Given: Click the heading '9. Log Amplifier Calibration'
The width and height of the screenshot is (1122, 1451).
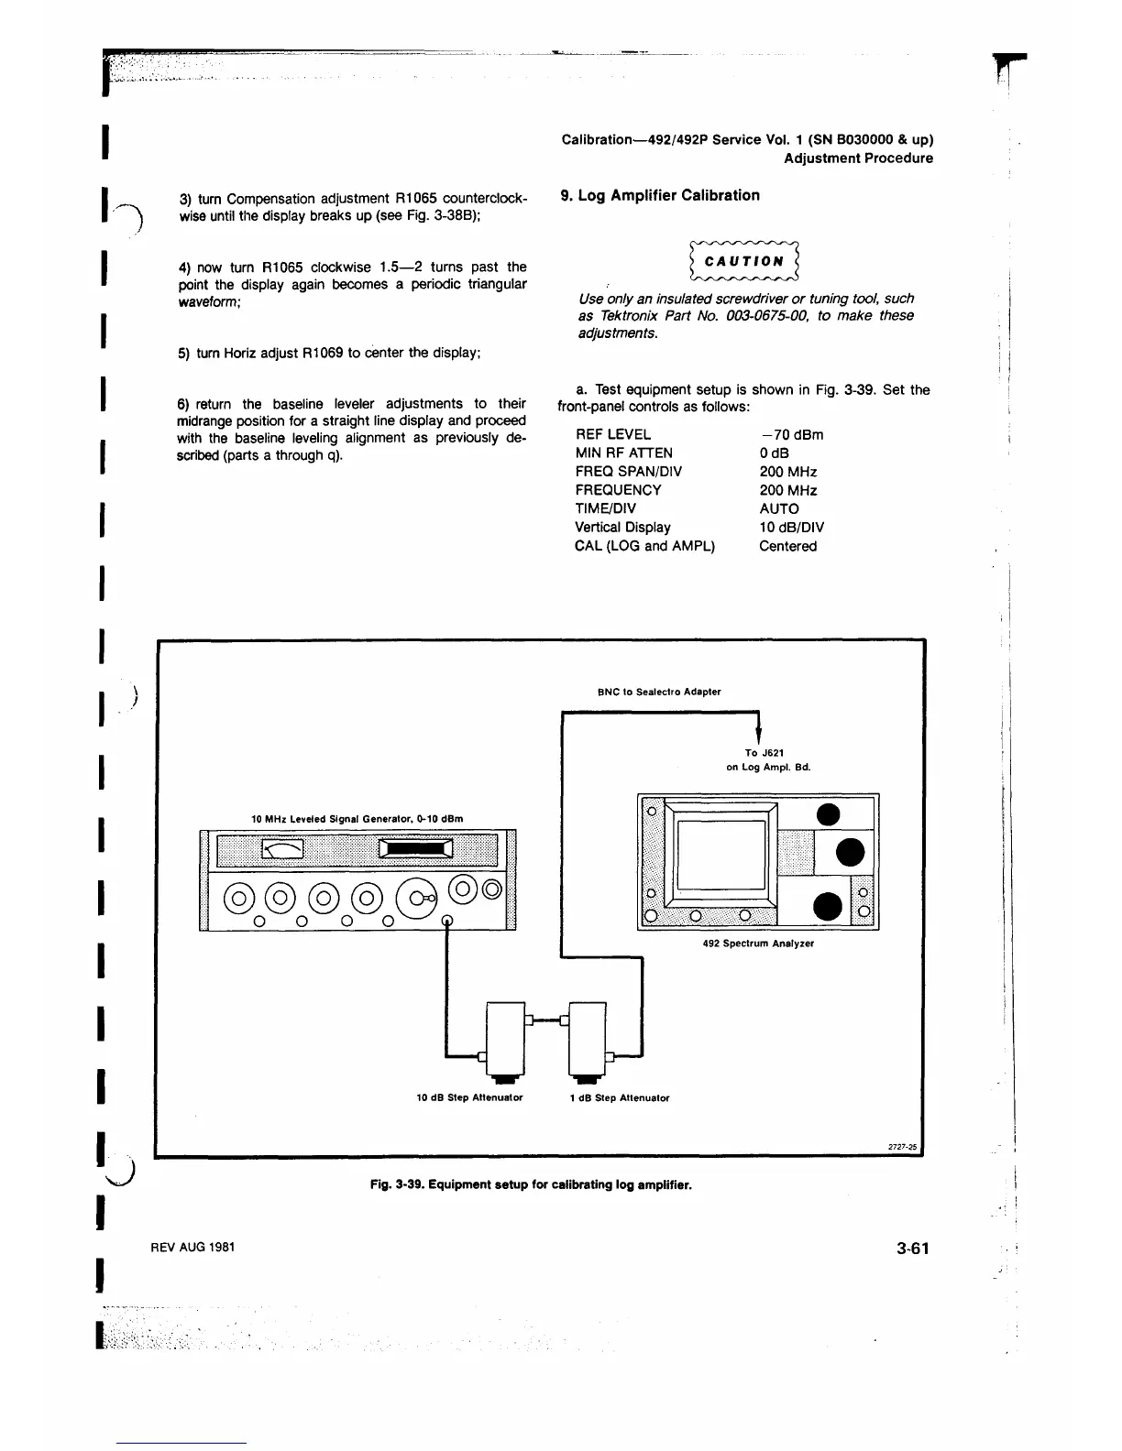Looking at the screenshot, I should pyautogui.click(x=660, y=195).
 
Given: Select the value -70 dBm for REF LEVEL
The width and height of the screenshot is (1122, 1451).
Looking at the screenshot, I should pyautogui.click(x=791, y=435).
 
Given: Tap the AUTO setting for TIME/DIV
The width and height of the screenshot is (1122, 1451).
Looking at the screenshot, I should pyautogui.click(x=779, y=508).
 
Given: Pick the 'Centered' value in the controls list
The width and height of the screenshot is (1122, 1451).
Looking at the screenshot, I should pyautogui.click(x=787, y=546).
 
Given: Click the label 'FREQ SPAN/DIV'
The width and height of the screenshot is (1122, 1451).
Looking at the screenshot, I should pyautogui.click(x=628, y=472).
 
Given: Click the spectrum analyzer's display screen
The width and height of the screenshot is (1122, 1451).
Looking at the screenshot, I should pyautogui.click(x=721, y=859).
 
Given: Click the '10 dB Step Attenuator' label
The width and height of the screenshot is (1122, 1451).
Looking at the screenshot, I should pyautogui.click(x=469, y=1097).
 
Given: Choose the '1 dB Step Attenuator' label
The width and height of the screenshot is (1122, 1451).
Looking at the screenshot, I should pyautogui.click(x=619, y=1097).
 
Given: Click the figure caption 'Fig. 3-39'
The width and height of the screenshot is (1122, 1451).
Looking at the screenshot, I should pyautogui.click(x=531, y=1184).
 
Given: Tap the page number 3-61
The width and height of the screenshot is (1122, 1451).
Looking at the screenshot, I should pyautogui.click(x=913, y=1248).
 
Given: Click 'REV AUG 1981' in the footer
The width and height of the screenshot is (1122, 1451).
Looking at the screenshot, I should pyautogui.click(x=192, y=1247).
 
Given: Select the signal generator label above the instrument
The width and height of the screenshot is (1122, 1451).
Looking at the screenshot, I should pyautogui.click(x=357, y=818).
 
